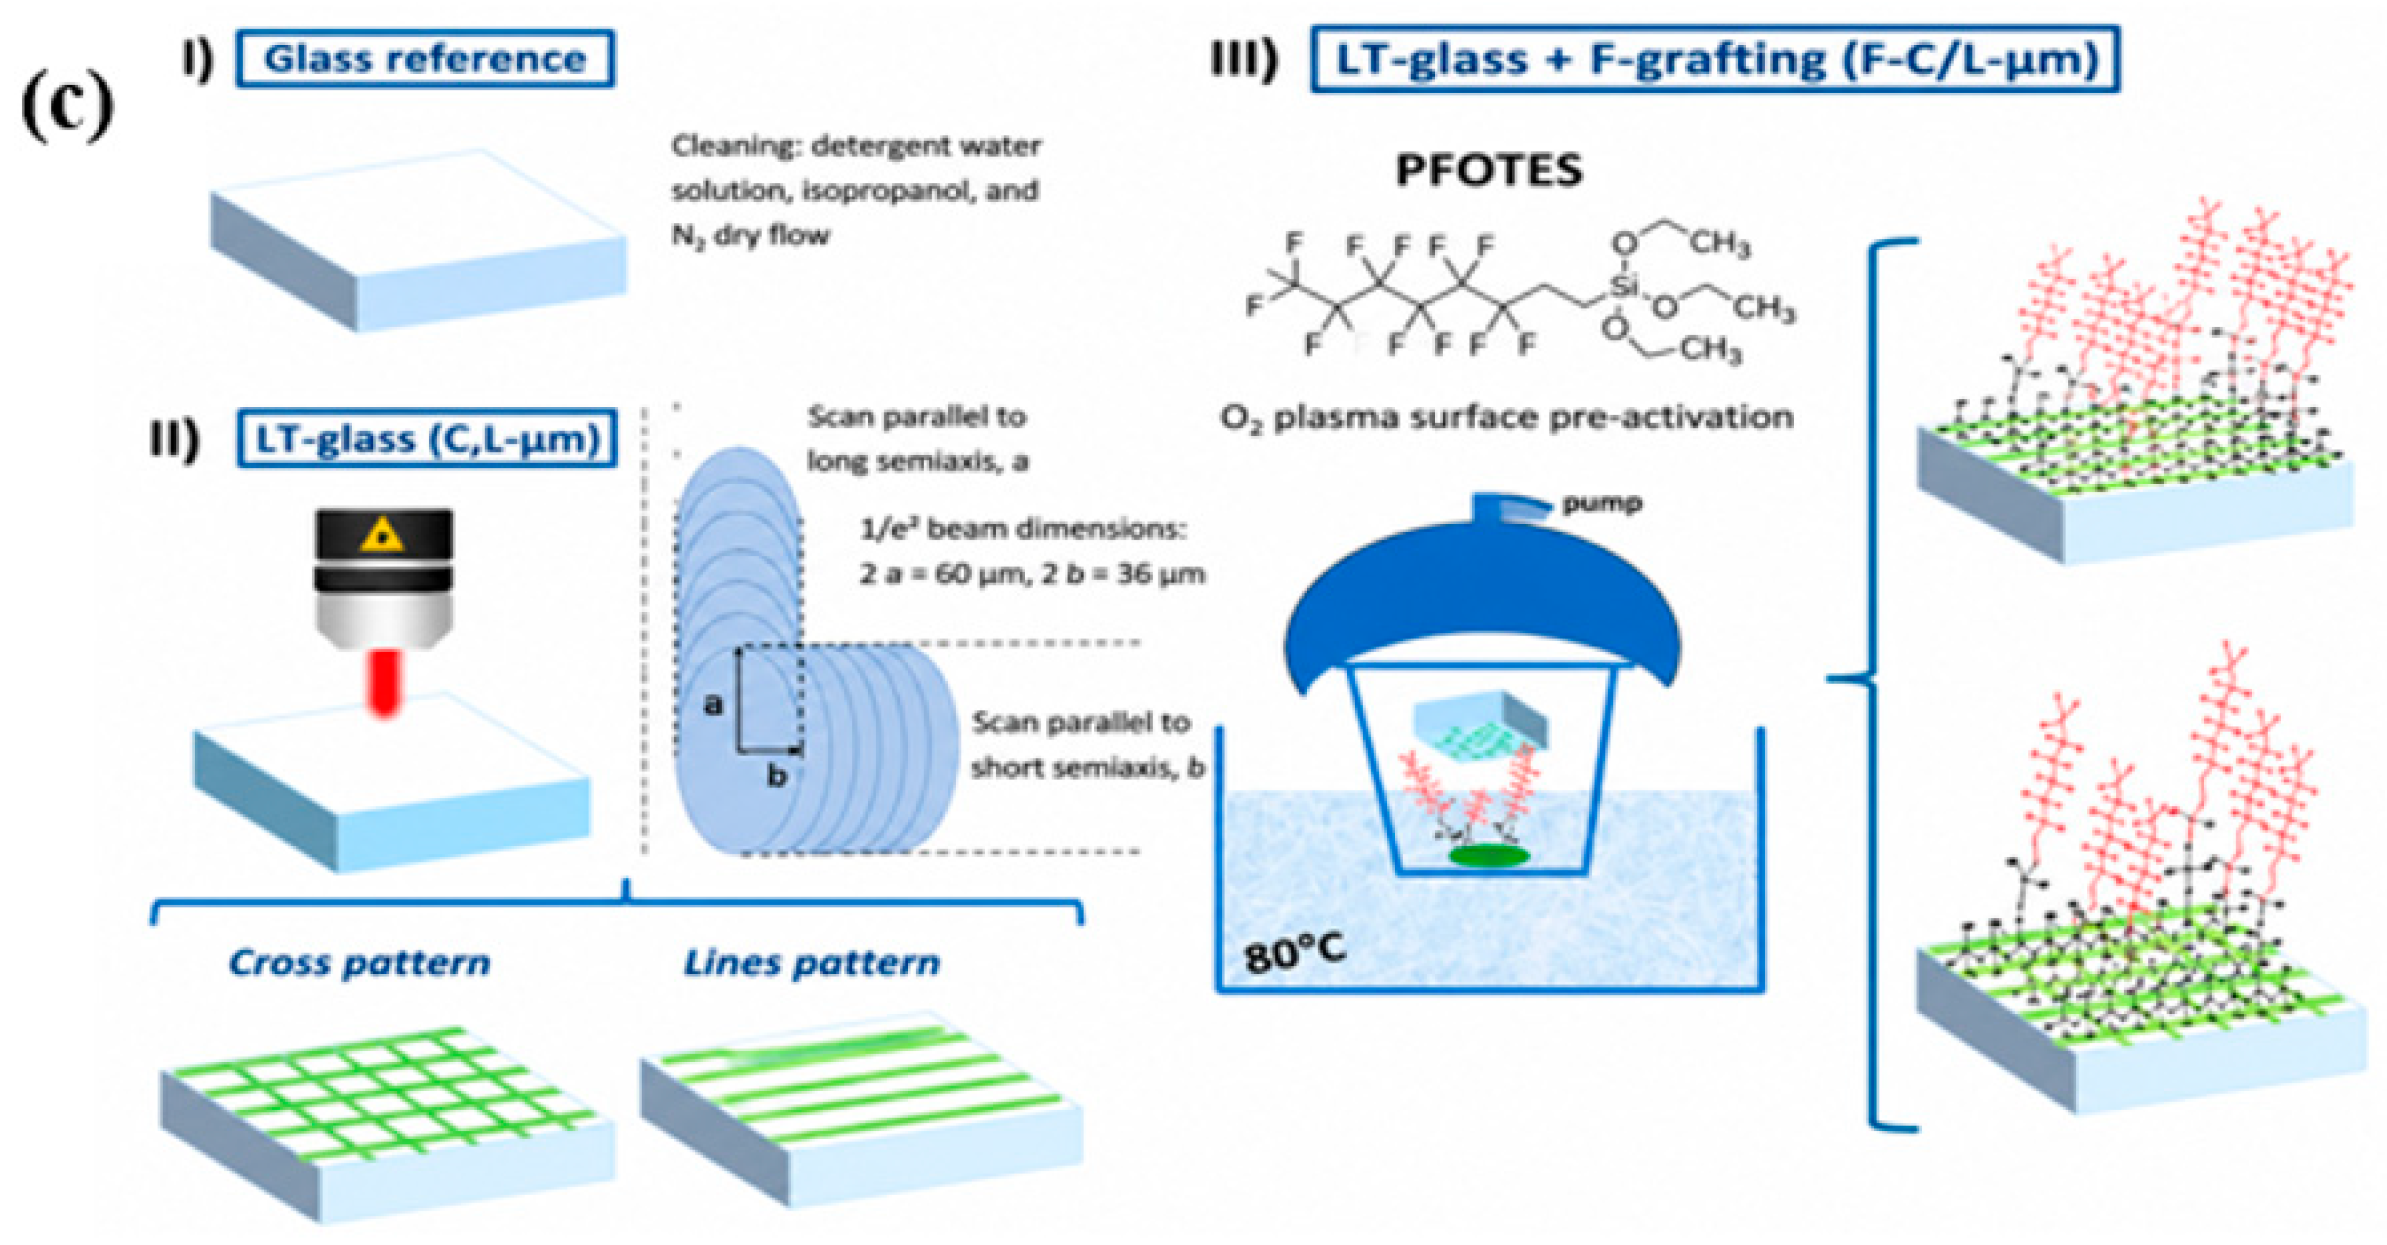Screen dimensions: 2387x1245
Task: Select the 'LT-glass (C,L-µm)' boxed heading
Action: [426, 437]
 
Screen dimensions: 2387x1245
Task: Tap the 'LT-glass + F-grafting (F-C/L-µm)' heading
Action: [1714, 59]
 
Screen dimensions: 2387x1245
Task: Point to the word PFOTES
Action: [1489, 171]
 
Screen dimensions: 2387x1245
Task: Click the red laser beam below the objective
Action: [383, 681]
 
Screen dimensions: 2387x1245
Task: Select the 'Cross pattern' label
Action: [359, 963]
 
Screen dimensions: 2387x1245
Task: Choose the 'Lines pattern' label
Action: [811, 963]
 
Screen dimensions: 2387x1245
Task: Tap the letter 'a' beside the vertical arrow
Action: [712, 705]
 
